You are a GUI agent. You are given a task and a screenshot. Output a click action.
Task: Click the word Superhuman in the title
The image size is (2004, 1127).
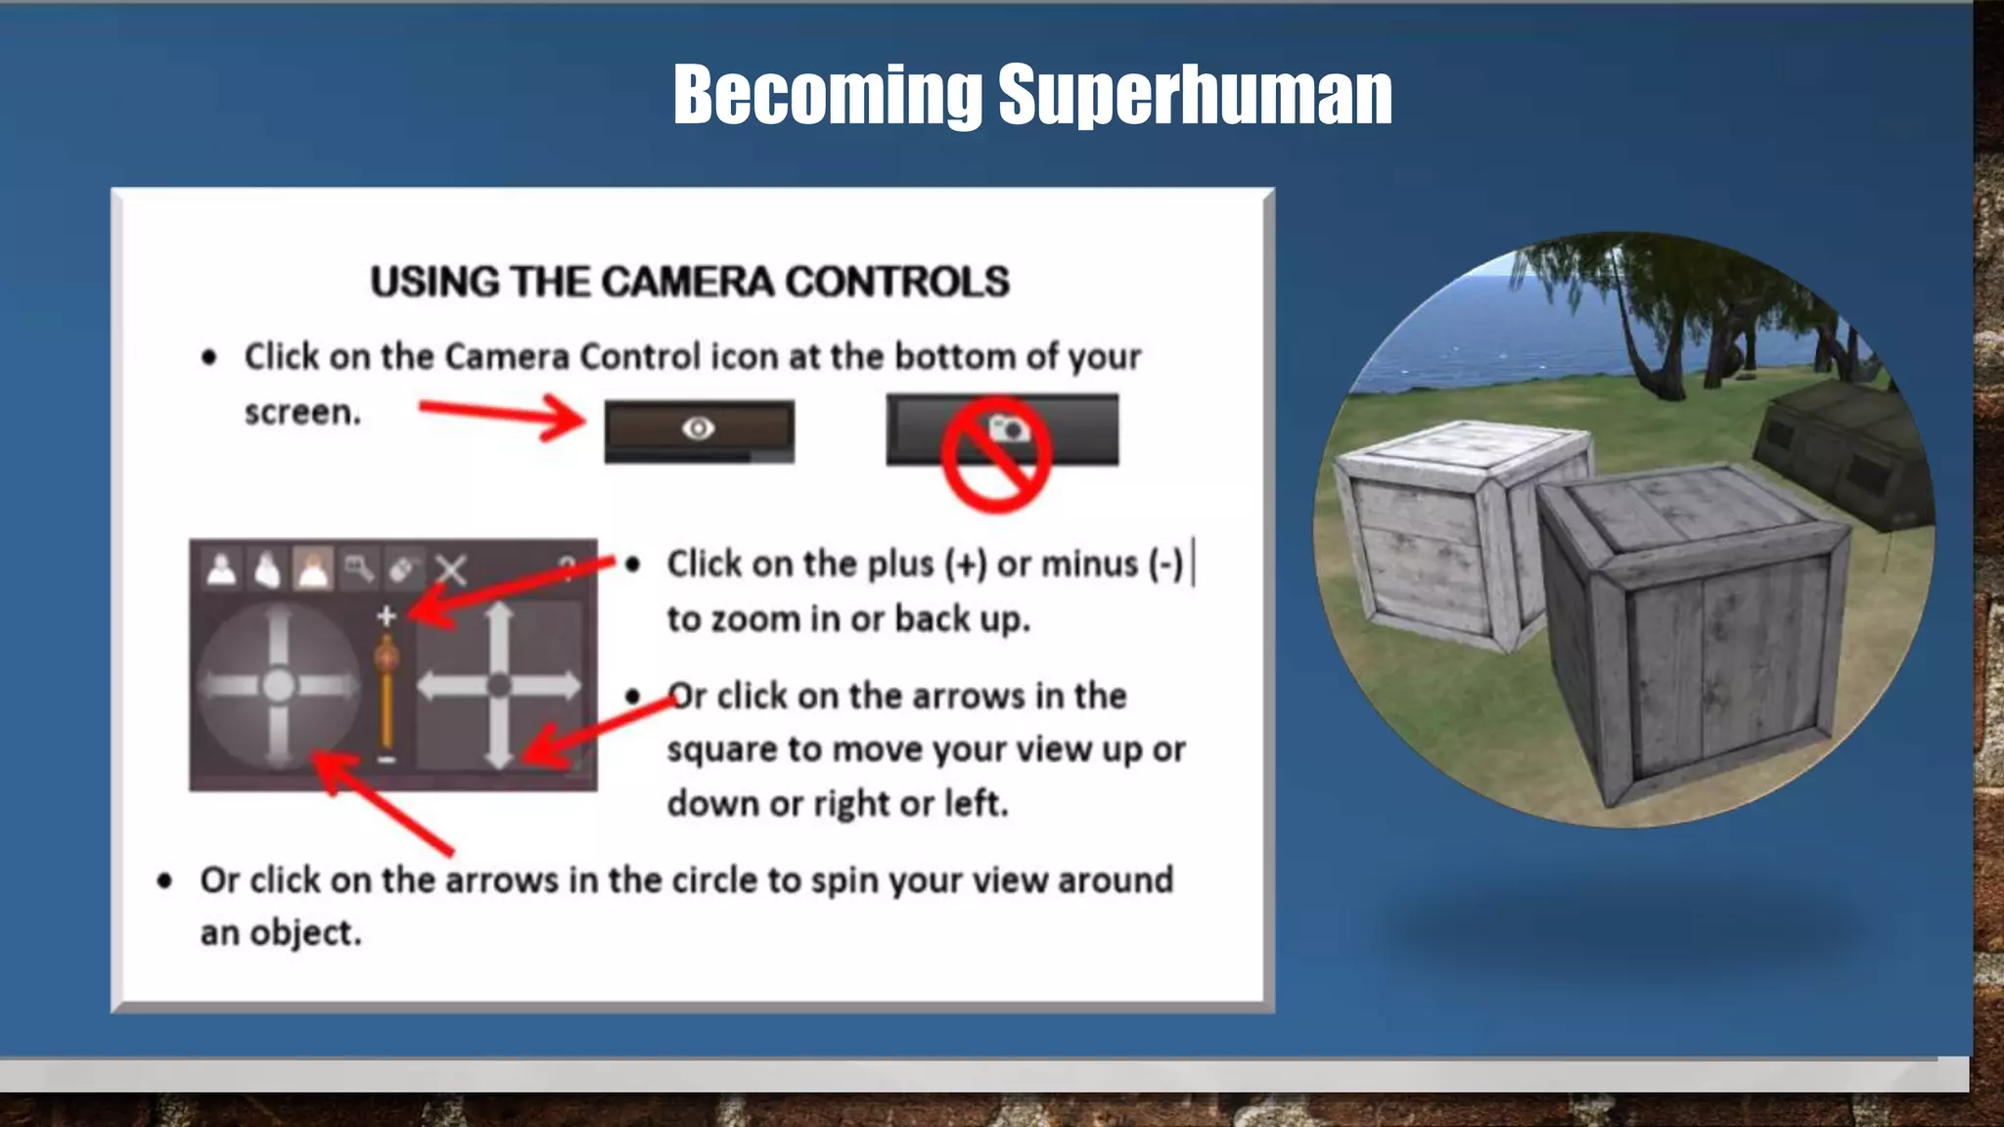(x=1195, y=95)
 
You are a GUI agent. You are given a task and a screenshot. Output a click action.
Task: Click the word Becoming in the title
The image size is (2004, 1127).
(x=827, y=95)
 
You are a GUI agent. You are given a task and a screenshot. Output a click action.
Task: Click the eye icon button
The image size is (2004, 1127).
(x=699, y=428)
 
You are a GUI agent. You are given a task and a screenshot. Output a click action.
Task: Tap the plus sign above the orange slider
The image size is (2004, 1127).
(x=387, y=615)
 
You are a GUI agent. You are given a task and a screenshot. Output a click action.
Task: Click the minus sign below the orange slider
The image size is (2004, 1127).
(x=387, y=759)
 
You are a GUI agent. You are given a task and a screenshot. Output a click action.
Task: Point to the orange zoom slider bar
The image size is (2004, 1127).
(x=387, y=695)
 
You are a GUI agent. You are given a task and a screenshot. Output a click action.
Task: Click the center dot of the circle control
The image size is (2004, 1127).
(x=279, y=685)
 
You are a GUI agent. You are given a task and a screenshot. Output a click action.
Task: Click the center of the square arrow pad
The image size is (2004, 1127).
(x=499, y=685)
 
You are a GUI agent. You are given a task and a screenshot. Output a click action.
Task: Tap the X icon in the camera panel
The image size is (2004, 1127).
(x=451, y=569)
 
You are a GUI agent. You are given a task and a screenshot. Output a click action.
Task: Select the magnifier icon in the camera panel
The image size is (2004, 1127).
(x=358, y=568)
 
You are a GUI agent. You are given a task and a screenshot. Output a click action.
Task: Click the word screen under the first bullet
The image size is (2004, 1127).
(x=301, y=413)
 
